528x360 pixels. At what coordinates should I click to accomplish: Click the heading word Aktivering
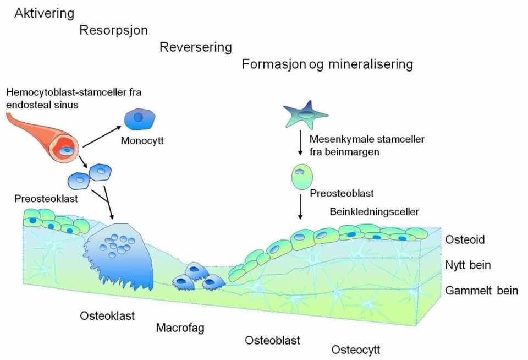(x=44, y=13)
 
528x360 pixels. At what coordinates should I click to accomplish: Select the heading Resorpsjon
(x=113, y=30)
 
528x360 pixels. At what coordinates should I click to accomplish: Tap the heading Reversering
(x=195, y=47)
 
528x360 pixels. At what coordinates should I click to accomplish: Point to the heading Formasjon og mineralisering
(x=327, y=64)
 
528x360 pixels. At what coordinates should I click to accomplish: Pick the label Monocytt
(x=142, y=141)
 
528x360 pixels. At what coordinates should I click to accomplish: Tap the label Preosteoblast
(x=342, y=194)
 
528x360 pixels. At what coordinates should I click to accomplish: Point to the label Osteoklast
(x=107, y=316)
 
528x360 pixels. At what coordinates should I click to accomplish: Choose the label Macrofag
(x=180, y=329)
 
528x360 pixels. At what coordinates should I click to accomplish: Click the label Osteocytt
(x=355, y=350)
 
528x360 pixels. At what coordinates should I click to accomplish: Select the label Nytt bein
(x=468, y=265)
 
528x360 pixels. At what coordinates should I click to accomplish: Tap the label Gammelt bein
(x=482, y=290)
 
